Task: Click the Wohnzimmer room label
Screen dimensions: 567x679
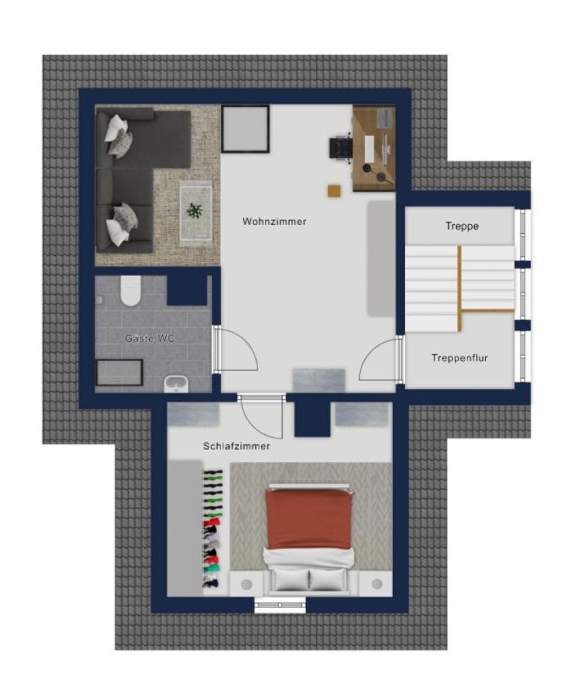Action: click(x=274, y=221)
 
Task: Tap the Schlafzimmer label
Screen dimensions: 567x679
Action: click(x=236, y=446)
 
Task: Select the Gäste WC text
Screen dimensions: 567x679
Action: click(x=150, y=338)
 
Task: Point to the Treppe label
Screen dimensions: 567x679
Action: click(x=461, y=226)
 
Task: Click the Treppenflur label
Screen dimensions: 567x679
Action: click(x=460, y=358)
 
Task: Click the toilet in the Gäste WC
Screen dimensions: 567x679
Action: click(x=130, y=290)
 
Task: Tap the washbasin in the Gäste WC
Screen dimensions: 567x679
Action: click(x=176, y=384)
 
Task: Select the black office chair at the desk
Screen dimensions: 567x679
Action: click(x=341, y=148)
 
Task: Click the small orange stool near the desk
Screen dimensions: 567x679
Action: click(x=334, y=191)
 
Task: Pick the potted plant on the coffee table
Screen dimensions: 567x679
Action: click(x=195, y=211)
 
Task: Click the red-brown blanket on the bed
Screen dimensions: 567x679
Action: click(x=308, y=519)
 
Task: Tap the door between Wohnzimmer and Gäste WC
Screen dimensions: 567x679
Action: click(x=234, y=349)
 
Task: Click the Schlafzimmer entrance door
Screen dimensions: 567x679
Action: click(x=261, y=416)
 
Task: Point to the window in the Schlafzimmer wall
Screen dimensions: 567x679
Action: click(x=280, y=605)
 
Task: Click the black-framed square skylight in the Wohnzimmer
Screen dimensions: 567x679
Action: click(x=245, y=128)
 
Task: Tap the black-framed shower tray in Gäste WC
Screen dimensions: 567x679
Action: click(x=119, y=372)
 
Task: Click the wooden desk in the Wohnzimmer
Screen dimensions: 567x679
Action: click(x=374, y=149)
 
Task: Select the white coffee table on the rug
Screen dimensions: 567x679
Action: click(x=196, y=213)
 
